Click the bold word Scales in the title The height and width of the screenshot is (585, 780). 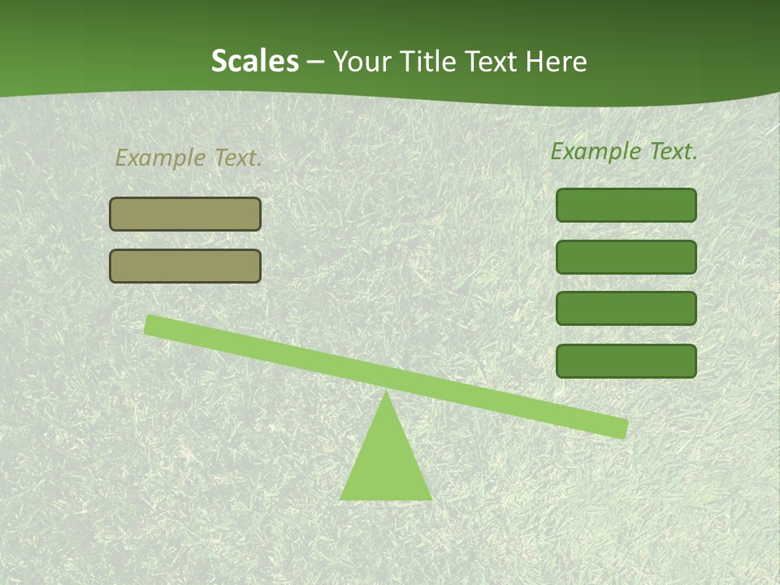coord(254,61)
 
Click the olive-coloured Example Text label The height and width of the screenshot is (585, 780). coord(188,158)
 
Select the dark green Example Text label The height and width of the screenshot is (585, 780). coord(624,151)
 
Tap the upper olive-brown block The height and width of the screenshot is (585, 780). coord(185,214)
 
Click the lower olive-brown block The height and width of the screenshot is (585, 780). coord(185,266)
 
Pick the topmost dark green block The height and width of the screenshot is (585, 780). coord(626,205)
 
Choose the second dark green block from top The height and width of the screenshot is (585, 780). coord(626,257)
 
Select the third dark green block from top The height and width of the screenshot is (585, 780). coord(626,309)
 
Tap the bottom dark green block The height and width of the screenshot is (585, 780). coord(626,361)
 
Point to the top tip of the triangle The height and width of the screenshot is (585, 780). coord(386,394)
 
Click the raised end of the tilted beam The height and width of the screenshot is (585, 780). coord(152,324)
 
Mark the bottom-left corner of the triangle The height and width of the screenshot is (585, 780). coord(341,498)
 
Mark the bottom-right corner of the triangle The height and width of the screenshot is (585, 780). coord(431,498)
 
